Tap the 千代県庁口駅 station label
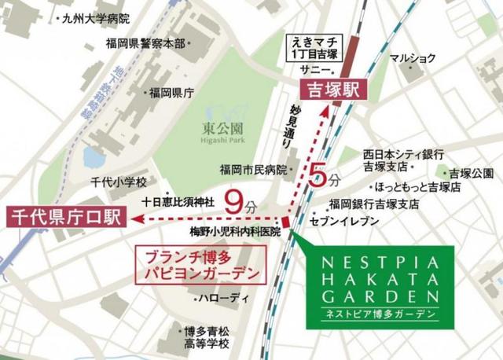[x=62, y=217]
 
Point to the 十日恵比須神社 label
[x=178, y=201]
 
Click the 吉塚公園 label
[x=471, y=173]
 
